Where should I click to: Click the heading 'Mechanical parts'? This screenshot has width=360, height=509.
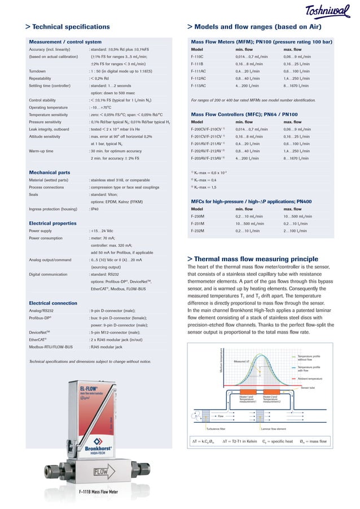[x=50, y=172]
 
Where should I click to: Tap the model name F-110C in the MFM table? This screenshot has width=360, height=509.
[x=197, y=57]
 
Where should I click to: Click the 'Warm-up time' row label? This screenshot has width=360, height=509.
[x=42, y=151]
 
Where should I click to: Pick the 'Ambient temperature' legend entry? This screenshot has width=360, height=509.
[x=310, y=378]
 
